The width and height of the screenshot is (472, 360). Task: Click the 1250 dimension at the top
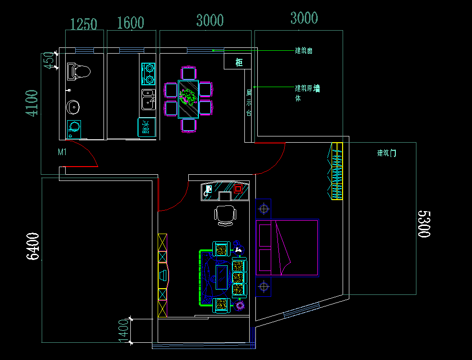click(x=84, y=23)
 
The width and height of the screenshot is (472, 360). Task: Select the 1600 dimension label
click(x=130, y=23)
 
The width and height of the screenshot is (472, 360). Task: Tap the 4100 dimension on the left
click(x=32, y=103)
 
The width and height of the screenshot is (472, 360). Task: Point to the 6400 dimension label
click(x=33, y=246)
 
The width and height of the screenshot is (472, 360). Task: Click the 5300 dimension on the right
click(x=424, y=223)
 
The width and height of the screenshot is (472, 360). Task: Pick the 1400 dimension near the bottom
click(x=124, y=331)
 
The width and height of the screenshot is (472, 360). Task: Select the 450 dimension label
click(x=48, y=61)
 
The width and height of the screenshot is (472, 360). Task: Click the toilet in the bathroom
click(x=79, y=71)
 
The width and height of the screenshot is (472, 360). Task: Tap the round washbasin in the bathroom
click(x=73, y=107)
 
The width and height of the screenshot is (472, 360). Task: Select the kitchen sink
click(x=148, y=100)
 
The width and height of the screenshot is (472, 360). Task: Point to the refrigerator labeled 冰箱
click(x=146, y=127)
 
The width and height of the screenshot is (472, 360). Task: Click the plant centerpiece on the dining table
click(x=188, y=97)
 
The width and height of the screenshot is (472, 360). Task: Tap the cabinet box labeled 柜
click(x=238, y=62)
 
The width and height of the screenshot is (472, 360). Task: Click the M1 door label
click(x=62, y=152)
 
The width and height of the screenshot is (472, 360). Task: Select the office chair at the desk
click(x=225, y=214)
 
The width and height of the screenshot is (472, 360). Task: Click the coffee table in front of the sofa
click(x=221, y=277)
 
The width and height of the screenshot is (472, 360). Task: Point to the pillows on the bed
click(x=265, y=247)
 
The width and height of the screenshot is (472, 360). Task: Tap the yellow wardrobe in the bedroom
click(x=337, y=171)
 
